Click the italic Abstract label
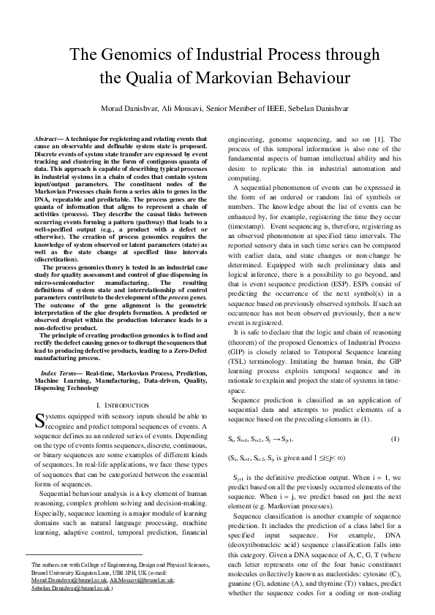48,138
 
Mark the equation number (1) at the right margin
396,438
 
